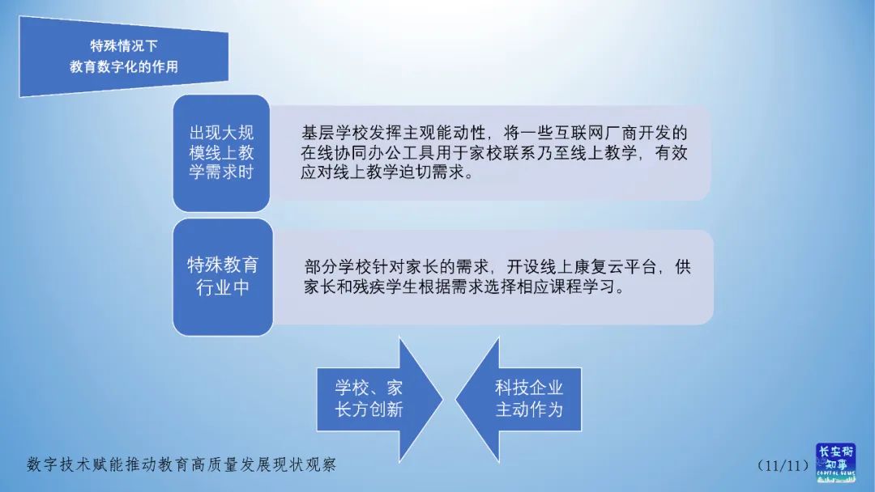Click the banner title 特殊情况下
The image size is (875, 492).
point(123,45)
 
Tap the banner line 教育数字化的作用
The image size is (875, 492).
point(123,67)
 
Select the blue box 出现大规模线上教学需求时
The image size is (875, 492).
point(220,152)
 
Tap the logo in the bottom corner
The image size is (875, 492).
point(834,462)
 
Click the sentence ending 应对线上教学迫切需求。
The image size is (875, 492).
point(386,173)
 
